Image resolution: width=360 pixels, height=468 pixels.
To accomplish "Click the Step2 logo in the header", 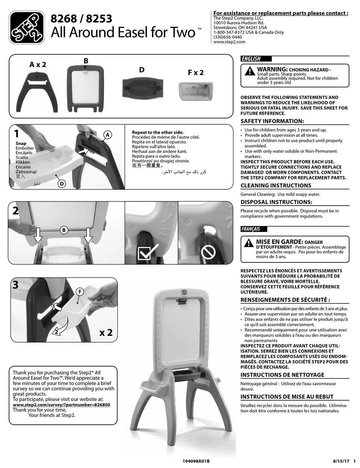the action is tap(27, 28).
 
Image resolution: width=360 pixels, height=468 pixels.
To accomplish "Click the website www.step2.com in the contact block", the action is tap(229, 42).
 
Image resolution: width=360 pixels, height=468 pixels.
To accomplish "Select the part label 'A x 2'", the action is tap(38, 64).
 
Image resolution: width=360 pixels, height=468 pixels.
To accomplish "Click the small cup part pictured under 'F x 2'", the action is tap(196, 92).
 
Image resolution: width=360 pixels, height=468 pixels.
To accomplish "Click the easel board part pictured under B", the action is tap(85, 89).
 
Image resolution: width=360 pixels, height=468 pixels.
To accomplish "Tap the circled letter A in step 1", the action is tap(108, 135).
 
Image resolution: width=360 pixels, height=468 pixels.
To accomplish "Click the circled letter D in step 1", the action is tap(62, 184).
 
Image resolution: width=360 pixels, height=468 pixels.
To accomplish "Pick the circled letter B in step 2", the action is tap(64, 230).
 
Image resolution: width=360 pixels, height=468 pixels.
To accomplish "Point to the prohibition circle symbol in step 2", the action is tap(208, 252).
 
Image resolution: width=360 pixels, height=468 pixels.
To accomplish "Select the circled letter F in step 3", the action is tap(80, 292).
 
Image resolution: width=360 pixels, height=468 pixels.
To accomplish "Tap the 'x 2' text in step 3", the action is tap(106, 333).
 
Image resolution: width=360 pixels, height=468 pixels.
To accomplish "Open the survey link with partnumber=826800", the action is tap(61, 405).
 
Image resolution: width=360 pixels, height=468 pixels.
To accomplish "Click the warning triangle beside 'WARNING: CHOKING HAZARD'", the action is tap(250, 71).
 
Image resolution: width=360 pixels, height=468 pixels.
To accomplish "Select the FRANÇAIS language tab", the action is tap(254, 229).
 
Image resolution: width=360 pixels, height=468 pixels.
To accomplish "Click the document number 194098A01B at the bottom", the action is tap(196, 461).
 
